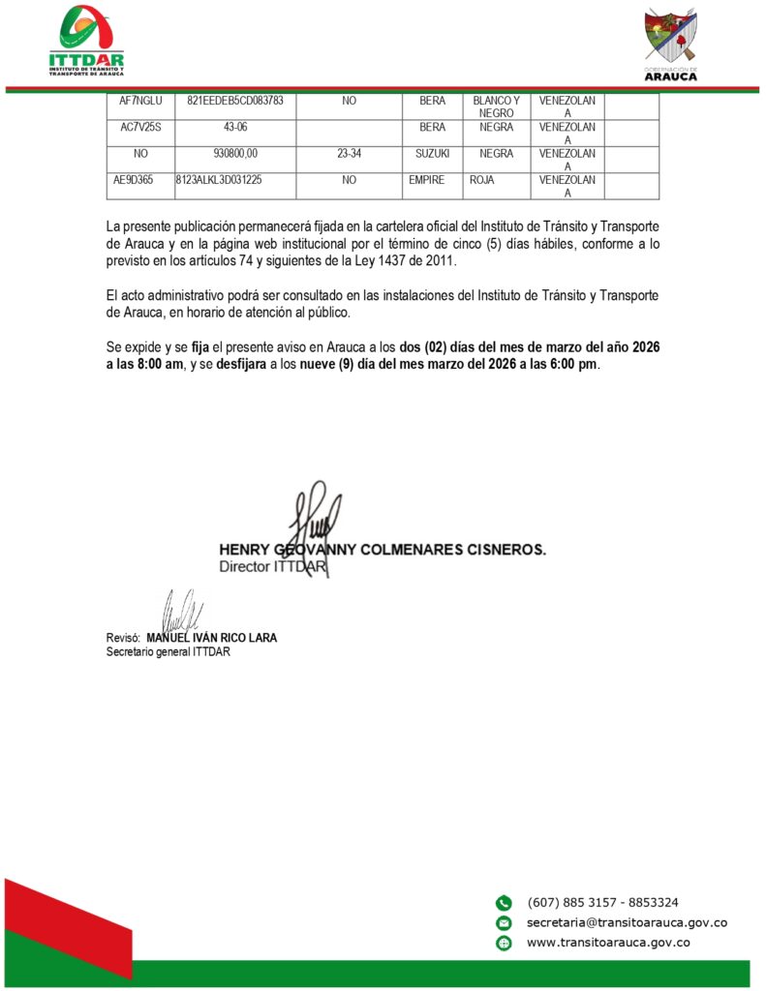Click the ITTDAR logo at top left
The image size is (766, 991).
click(86, 41)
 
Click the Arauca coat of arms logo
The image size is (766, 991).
click(670, 44)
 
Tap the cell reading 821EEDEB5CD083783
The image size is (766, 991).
click(234, 101)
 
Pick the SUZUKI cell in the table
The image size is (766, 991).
click(432, 153)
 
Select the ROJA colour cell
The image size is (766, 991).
click(481, 179)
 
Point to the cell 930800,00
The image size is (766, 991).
click(234, 153)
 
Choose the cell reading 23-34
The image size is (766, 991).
click(349, 153)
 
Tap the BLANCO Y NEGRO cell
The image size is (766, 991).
click(496, 106)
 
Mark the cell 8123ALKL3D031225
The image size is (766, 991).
click(232, 179)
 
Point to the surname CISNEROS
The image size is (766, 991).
click(503, 549)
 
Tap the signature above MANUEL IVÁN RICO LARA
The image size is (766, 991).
click(182, 612)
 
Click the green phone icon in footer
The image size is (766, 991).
click(504, 902)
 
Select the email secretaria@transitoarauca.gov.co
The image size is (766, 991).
click(627, 922)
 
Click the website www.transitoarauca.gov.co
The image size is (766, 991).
click(607, 943)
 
